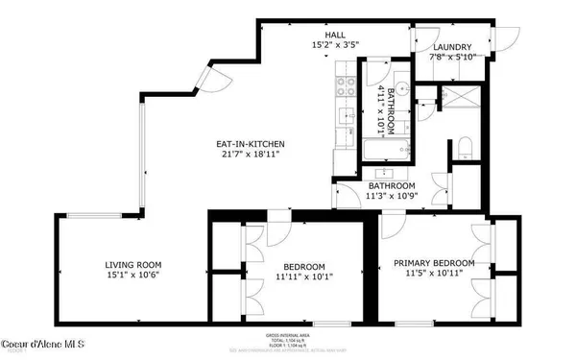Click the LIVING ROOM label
132,264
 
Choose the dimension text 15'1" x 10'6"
132,276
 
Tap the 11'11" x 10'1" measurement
302,278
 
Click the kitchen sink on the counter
344,119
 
